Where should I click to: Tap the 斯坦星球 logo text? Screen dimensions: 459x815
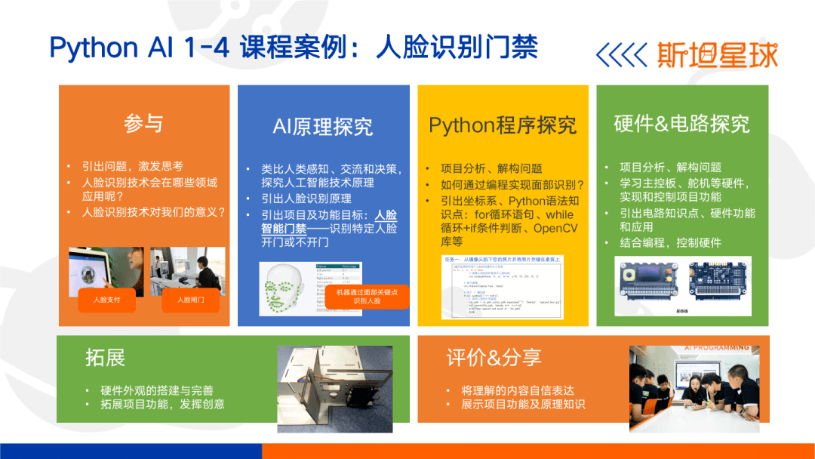coord(716,54)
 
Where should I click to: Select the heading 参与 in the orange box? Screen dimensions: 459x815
coord(143,123)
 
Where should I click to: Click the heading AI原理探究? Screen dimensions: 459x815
coord(322,126)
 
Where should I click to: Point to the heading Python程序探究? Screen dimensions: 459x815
coord(502,125)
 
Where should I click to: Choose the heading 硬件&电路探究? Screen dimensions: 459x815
coord(681,124)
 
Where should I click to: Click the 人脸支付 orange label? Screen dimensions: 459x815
coord(106,300)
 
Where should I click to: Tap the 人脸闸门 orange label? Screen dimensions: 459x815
coord(189,300)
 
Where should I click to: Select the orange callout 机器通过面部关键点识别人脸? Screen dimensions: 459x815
coord(367,295)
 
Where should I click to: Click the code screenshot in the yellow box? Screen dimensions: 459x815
coord(503,291)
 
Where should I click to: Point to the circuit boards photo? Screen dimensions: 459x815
coord(682,285)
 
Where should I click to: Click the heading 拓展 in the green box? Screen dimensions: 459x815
coord(106,357)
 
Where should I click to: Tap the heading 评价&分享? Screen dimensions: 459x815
coord(494,357)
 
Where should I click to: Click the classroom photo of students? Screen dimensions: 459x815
coord(694,390)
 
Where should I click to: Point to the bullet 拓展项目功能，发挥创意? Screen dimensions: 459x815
coord(162,404)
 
